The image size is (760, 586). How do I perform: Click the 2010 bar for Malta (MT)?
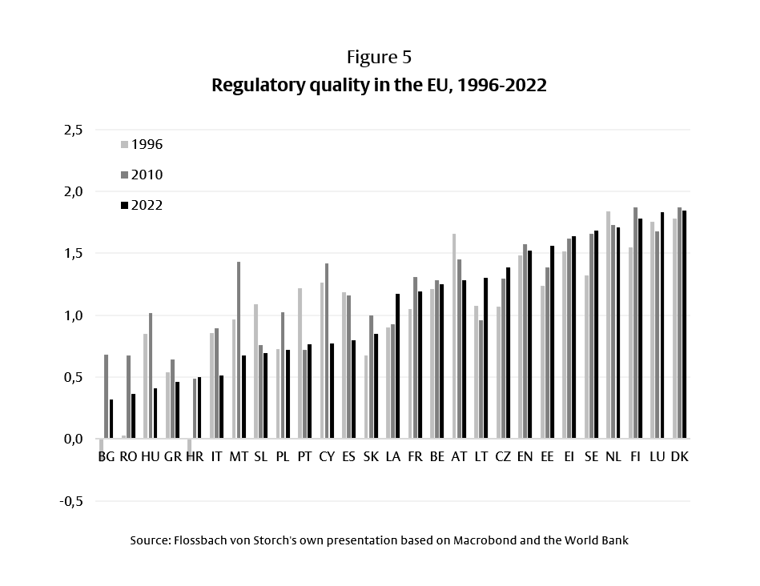pos(239,351)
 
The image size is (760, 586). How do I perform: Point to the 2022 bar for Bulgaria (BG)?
pos(111,419)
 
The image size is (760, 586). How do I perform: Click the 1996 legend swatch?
pos(124,145)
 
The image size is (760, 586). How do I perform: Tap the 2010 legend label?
pos(147,175)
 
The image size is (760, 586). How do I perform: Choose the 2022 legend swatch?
pos(124,206)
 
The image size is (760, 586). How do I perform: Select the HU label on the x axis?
pos(150,457)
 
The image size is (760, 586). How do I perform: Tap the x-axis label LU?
pos(657,457)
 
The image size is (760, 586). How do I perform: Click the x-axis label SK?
pos(371,457)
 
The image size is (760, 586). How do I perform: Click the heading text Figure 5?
pos(380,58)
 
